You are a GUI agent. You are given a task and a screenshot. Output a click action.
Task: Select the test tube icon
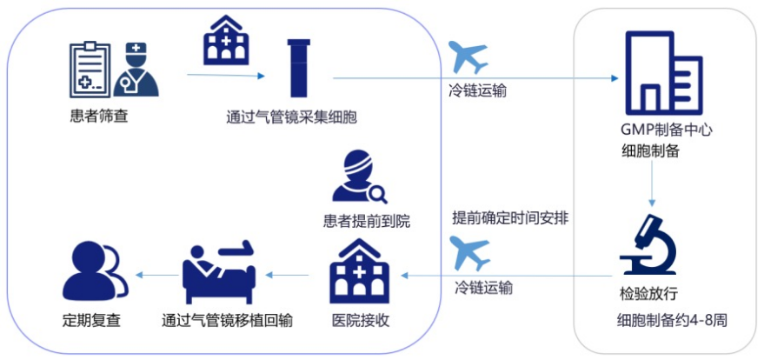coord(298,68)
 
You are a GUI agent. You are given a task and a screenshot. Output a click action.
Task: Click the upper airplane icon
coord(468,58)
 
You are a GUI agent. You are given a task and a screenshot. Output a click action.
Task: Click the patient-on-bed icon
coord(223,270)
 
